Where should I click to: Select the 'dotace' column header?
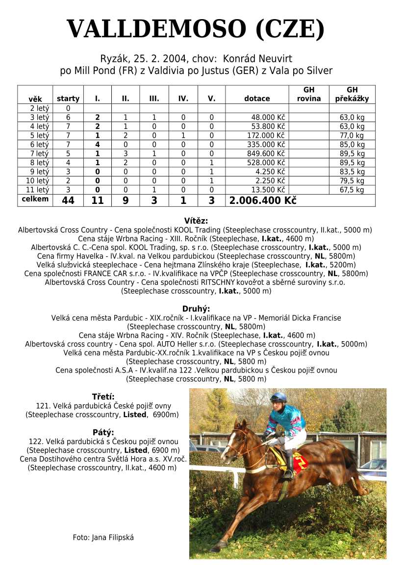[x=257, y=99]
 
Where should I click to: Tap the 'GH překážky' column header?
[x=352, y=94]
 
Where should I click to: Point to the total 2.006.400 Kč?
[x=263, y=200]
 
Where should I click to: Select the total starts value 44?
[x=68, y=200]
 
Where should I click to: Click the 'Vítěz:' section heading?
[x=196, y=221]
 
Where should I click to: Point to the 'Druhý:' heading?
[x=196, y=309]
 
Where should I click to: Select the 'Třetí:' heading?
[x=103, y=397]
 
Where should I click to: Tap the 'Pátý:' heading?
[x=103, y=432]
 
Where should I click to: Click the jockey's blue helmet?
[x=278, y=397]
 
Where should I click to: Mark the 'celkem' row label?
[x=35, y=199]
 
